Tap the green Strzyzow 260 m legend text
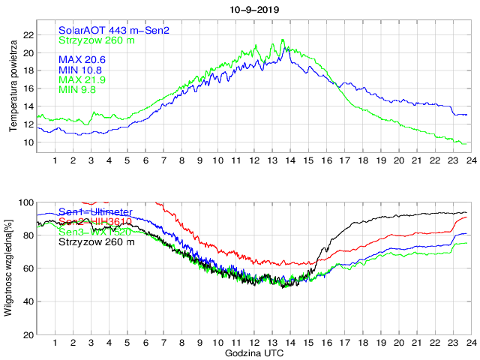pos(97,40)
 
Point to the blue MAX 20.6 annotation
pos(82,58)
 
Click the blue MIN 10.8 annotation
pos(81,69)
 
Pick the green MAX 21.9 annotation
pos(82,79)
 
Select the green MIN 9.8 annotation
pos(79,89)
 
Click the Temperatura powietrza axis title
pos(13,87)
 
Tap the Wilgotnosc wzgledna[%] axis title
pos(8,267)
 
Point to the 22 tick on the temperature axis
pos(28,34)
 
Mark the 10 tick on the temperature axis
pos(28,142)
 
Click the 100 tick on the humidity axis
pos(25,202)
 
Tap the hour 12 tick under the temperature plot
pos(254,160)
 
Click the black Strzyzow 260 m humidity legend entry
pos(97,241)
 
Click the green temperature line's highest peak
pos(283,40)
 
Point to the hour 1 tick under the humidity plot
pos(55,343)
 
